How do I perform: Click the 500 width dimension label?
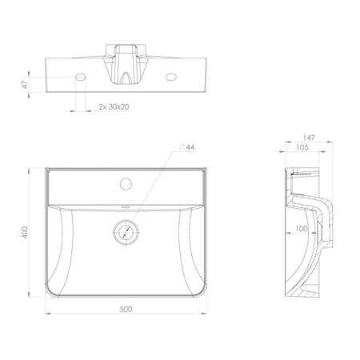126,309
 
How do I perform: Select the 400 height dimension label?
25,232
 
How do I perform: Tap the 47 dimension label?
25,85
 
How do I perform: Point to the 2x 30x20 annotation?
114,106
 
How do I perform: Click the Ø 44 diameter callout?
187,147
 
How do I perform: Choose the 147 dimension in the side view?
309,138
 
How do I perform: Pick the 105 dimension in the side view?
302,147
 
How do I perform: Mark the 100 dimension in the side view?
302,229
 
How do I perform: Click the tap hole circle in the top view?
126,184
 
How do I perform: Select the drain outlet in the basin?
126,232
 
